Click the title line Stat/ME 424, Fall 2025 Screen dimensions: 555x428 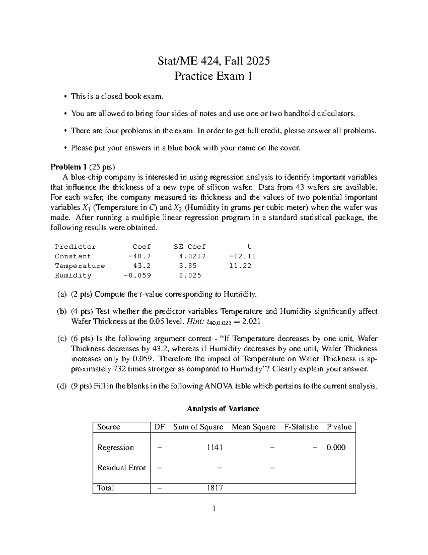pos(214,61)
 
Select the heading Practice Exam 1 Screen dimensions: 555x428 pos(213,76)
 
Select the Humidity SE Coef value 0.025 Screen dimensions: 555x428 pos(190,276)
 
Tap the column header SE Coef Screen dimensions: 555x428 pos(189,247)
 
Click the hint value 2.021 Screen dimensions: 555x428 pos(251,321)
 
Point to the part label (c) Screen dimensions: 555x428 pos(62,338)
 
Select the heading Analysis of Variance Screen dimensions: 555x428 pos(223,408)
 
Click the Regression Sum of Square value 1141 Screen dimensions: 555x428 pos(215,447)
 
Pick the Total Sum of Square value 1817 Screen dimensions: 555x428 pos(215,488)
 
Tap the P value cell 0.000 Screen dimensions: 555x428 pos(336,447)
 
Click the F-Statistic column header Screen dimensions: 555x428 pos(301,427)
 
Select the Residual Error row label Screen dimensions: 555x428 pos(121,467)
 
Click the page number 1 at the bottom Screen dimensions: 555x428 pos(214,509)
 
